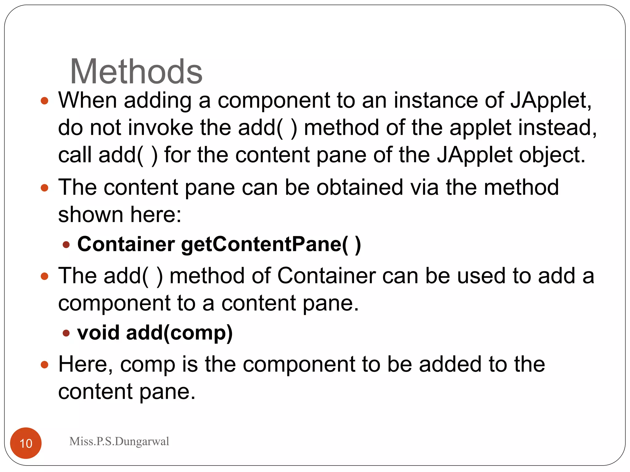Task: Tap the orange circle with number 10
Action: [x=26, y=443]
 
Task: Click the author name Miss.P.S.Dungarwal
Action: [x=119, y=441]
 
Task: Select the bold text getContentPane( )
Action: [x=271, y=245]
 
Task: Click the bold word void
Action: [x=98, y=333]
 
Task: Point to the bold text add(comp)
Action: [x=179, y=333]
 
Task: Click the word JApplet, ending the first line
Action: [x=551, y=101]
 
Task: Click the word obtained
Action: [x=360, y=187]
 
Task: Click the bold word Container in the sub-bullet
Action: [x=126, y=244]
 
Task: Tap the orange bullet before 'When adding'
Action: [x=45, y=101]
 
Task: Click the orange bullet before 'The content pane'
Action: [x=45, y=188]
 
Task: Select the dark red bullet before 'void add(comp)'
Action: [x=66, y=333]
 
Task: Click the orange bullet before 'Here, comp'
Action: [x=45, y=365]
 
